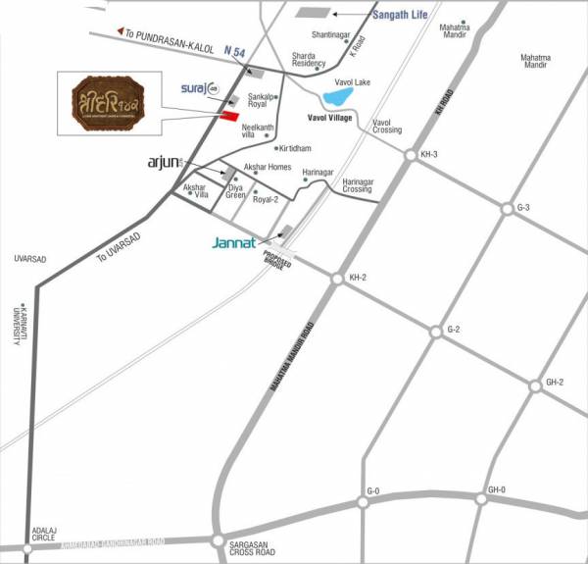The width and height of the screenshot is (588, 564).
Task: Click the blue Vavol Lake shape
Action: (338, 98)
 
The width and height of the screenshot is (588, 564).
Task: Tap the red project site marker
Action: (228, 117)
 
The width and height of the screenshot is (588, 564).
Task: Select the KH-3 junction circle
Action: (410, 155)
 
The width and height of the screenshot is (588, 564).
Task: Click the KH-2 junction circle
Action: (337, 279)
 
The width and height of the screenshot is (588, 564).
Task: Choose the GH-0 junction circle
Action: (481, 499)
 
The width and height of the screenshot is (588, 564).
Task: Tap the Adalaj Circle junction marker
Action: (27, 548)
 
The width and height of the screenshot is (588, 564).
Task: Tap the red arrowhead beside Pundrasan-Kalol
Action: (120, 32)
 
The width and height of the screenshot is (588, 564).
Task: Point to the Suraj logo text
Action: (200, 88)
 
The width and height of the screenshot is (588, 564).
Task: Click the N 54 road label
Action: (235, 49)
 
